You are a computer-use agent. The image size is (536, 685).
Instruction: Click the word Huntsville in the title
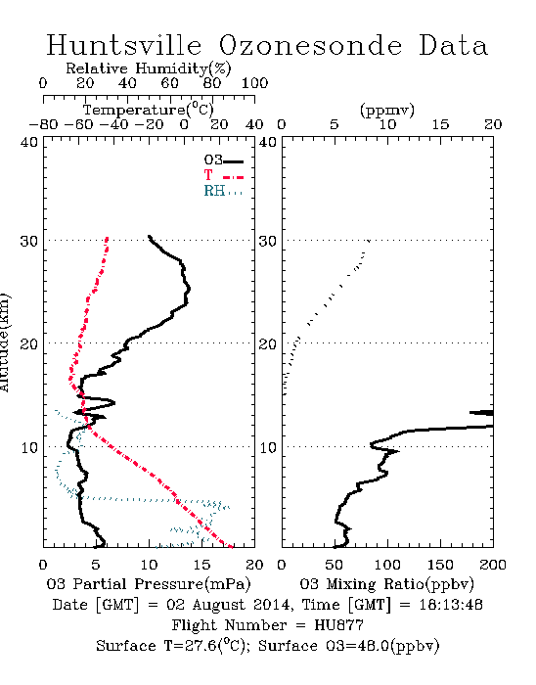pyautogui.click(x=124, y=45)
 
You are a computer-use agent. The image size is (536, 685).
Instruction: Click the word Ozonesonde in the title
pyautogui.click(x=310, y=45)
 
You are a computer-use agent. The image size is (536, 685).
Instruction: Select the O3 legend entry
pyautogui.click(x=223, y=160)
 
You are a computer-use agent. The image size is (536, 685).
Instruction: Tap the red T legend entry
pyautogui.click(x=223, y=175)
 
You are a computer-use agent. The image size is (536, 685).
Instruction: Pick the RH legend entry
pyautogui.click(x=223, y=191)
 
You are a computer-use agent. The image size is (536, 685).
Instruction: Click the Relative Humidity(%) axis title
pyautogui.click(x=148, y=69)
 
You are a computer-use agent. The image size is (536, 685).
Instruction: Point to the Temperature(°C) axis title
pyautogui.click(x=148, y=110)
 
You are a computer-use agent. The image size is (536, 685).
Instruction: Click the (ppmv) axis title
pyautogui.click(x=386, y=110)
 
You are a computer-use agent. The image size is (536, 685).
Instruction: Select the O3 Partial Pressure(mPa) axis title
pyautogui.click(x=149, y=584)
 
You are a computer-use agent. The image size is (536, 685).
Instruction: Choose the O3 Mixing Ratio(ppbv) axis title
pyautogui.click(x=386, y=584)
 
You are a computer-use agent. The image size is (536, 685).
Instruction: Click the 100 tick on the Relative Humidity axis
pyautogui.click(x=254, y=83)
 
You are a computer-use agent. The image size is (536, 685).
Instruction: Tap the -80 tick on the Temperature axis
pyautogui.click(x=43, y=124)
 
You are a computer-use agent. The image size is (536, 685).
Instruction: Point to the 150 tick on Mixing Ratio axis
pyautogui.click(x=440, y=565)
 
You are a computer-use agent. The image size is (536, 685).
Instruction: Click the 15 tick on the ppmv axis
pyautogui.click(x=440, y=124)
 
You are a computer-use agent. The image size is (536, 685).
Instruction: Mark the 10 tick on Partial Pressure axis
pyautogui.click(x=149, y=565)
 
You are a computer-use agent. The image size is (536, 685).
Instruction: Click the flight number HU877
pyautogui.click(x=338, y=625)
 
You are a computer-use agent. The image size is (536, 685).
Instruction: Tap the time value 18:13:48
pyautogui.click(x=451, y=605)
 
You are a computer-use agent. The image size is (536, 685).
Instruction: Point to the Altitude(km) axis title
pyautogui.click(x=4, y=343)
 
